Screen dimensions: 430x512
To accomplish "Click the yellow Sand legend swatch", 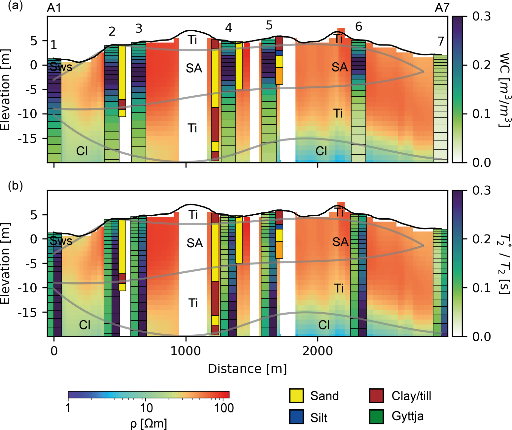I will click(x=296, y=396).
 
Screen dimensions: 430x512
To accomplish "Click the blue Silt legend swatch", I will click(x=296, y=417).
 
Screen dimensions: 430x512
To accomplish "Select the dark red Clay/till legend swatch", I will click(x=376, y=396).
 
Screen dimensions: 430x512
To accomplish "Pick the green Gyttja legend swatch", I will click(x=376, y=416).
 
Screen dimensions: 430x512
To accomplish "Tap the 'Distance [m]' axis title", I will click(x=247, y=369).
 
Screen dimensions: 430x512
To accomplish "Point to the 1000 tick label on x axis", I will click(x=186, y=351).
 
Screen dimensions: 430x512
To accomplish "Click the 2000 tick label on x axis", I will click(x=318, y=351).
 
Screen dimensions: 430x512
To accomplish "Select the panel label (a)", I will click(x=15, y=6).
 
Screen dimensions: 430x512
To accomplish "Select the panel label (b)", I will click(x=15, y=186).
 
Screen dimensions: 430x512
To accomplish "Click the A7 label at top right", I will click(x=442, y=8).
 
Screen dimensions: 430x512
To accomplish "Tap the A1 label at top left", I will click(x=54, y=8).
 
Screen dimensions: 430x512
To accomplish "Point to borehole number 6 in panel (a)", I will click(x=358, y=26).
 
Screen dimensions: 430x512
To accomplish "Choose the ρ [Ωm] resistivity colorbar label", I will click(x=148, y=423).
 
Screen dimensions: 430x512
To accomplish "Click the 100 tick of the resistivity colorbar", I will click(x=224, y=408).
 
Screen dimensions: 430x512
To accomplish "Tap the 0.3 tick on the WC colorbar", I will click(x=481, y=16).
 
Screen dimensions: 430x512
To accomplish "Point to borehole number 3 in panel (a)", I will click(x=139, y=29).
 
